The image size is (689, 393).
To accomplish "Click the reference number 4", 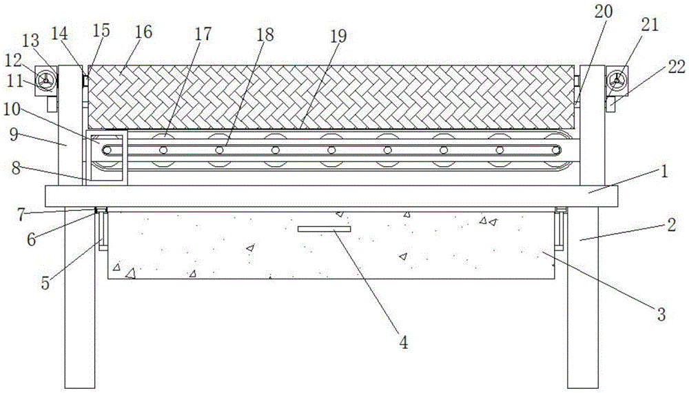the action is click(x=404, y=341).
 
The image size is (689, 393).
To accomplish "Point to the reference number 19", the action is click(x=338, y=36).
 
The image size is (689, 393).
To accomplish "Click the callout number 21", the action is click(x=650, y=25).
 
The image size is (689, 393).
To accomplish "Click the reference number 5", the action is click(x=45, y=283).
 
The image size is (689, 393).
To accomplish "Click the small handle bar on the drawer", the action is click(x=325, y=228).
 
